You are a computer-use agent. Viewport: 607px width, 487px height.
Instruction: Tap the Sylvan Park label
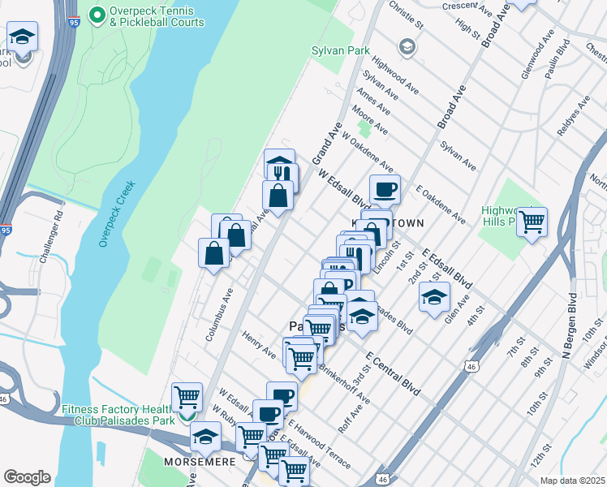point(335,50)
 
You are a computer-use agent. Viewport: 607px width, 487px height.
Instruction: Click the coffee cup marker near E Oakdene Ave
point(385,190)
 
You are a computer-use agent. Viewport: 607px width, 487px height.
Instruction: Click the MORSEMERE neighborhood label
point(200,461)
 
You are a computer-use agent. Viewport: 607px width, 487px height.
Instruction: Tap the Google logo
point(27,477)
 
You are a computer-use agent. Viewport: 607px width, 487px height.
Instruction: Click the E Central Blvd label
point(393,373)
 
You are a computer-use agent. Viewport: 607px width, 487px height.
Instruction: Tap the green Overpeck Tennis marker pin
point(97,15)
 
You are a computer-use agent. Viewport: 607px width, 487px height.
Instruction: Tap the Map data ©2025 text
point(570,481)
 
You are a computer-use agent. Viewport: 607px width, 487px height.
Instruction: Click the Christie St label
point(407,14)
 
